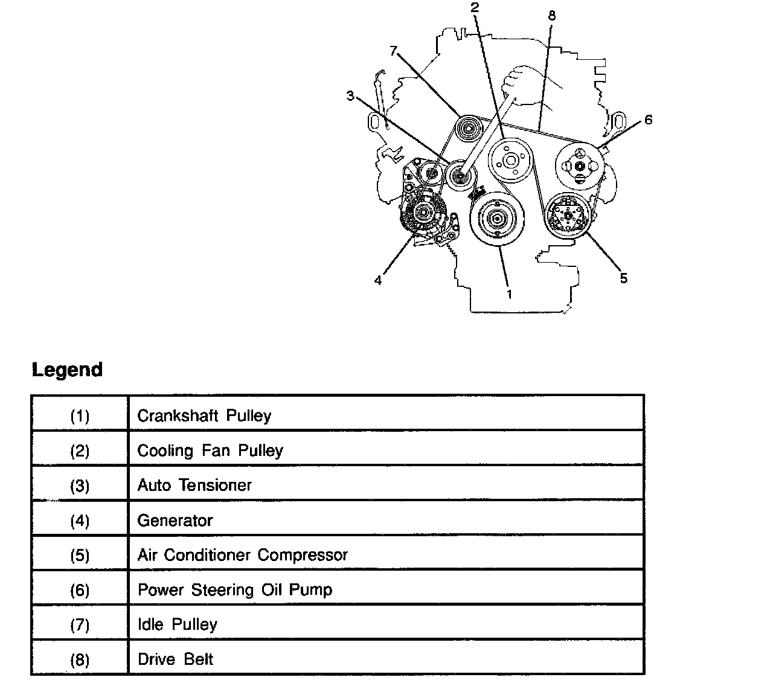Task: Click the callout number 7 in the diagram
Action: (x=394, y=51)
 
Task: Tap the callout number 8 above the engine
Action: (x=551, y=16)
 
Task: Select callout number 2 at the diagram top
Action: (x=475, y=7)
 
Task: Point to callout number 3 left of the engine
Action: (x=350, y=96)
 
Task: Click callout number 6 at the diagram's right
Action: (x=649, y=120)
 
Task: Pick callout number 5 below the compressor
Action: (x=624, y=278)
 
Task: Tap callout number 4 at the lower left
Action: (x=378, y=281)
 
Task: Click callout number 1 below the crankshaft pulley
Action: (x=509, y=295)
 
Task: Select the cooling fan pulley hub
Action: (x=510, y=160)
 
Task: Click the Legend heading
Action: (x=67, y=370)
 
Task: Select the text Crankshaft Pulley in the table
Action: (x=204, y=415)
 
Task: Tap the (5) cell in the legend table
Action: (x=80, y=555)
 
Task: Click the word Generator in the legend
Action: (x=175, y=521)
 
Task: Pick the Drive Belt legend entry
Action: (x=175, y=659)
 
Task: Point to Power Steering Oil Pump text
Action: (x=235, y=590)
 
